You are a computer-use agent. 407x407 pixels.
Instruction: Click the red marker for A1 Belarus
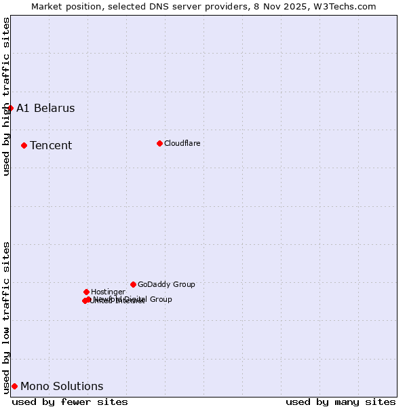(10, 108)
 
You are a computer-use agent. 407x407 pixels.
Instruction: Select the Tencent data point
(24, 145)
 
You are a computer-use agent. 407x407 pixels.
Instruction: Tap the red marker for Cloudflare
(159, 143)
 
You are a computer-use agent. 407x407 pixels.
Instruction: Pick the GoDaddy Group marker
(133, 284)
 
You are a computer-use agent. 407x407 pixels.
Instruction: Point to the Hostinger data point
(86, 292)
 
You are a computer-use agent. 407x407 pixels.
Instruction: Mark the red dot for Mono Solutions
(14, 386)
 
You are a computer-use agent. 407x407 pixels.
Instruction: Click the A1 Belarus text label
(45, 109)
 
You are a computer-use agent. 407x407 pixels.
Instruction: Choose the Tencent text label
(51, 146)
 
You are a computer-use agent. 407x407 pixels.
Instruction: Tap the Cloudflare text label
(182, 144)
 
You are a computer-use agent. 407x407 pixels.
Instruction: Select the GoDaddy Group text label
(166, 285)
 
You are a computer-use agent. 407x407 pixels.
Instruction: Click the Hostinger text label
(108, 292)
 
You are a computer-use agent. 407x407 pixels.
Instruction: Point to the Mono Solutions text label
(62, 387)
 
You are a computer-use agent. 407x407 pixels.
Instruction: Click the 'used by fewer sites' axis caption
(70, 402)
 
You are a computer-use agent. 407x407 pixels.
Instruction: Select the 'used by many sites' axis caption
(341, 402)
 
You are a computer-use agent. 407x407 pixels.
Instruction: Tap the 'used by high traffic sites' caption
(6, 96)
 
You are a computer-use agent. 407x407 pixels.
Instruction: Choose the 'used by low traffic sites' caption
(6, 317)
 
